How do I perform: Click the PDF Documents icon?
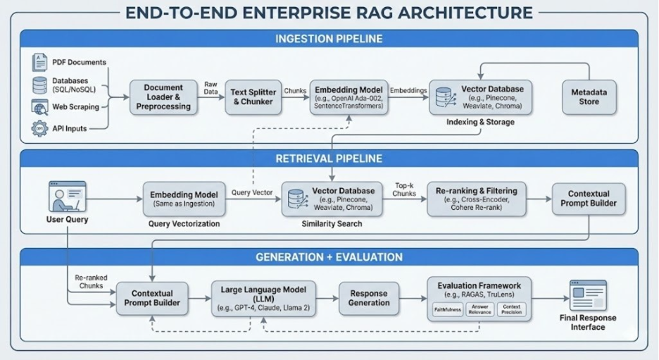pyautogui.click(x=39, y=62)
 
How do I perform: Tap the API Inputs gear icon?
pyautogui.click(x=39, y=129)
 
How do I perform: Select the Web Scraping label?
pyautogui.click(x=75, y=107)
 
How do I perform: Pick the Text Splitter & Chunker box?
pyautogui.click(x=252, y=97)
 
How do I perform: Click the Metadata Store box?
pyautogui.click(x=589, y=97)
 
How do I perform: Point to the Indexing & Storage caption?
pyautogui.click(x=480, y=122)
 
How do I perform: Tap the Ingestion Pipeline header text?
pyautogui.click(x=329, y=38)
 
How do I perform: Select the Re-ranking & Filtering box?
pyautogui.click(x=476, y=199)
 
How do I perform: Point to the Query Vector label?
pyautogui.click(x=251, y=193)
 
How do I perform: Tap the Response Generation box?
pyautogui.click(x=368, y=299)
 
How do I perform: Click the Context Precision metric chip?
pyautogui.click(x=511, y=309)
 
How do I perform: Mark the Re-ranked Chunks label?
pyautogui.click(x=90, y=282)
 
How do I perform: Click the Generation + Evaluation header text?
pyautogui.click(x=329, y=257)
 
